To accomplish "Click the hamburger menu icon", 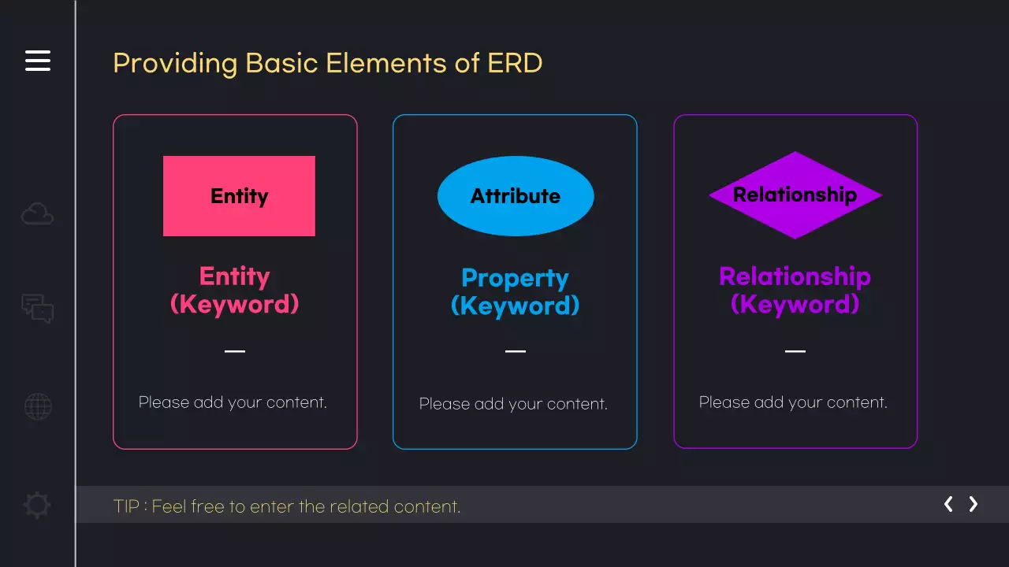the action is [38, 61].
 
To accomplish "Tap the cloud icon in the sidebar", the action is [37, 213].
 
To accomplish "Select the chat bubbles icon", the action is [37, 308].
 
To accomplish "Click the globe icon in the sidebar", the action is [38, 406].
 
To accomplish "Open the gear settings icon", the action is [37, 505].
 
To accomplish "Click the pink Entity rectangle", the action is [239, 196].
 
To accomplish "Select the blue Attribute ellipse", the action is [516, 196].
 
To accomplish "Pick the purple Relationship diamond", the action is [795, 195].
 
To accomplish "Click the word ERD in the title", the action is [515, 62].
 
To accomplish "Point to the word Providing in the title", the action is [175, 64].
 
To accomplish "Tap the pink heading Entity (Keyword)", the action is [235, 291].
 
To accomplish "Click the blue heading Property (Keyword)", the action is [516, 292].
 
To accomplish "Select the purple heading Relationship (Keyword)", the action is [795, 291].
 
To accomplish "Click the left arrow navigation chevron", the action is [948, 504].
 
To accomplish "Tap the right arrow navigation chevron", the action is [974, 504].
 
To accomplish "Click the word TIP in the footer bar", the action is [126, 506].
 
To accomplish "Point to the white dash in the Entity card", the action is [235, 351].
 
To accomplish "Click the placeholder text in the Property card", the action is [513, 404].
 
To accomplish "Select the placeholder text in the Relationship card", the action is [793, 402].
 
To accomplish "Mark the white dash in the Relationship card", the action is [795, 351].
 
